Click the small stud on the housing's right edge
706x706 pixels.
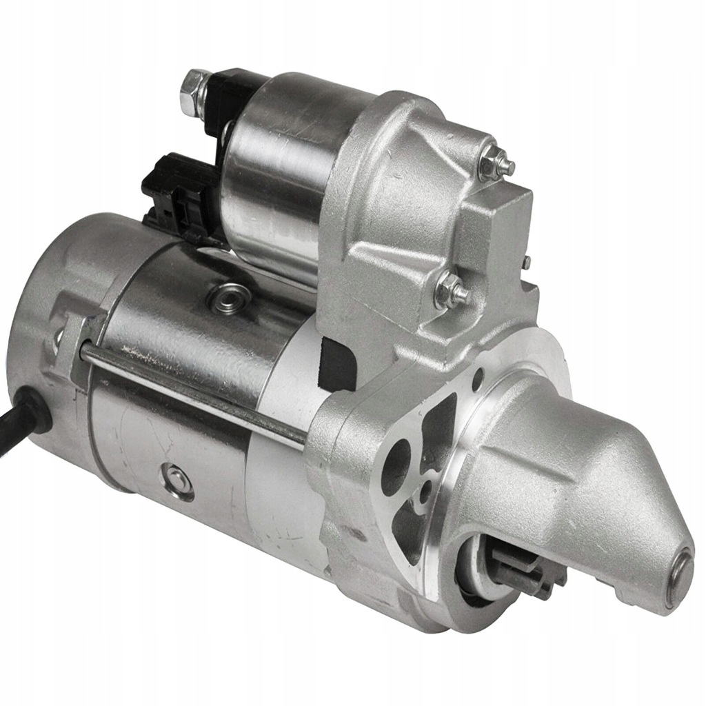click(x=525, y=263)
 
